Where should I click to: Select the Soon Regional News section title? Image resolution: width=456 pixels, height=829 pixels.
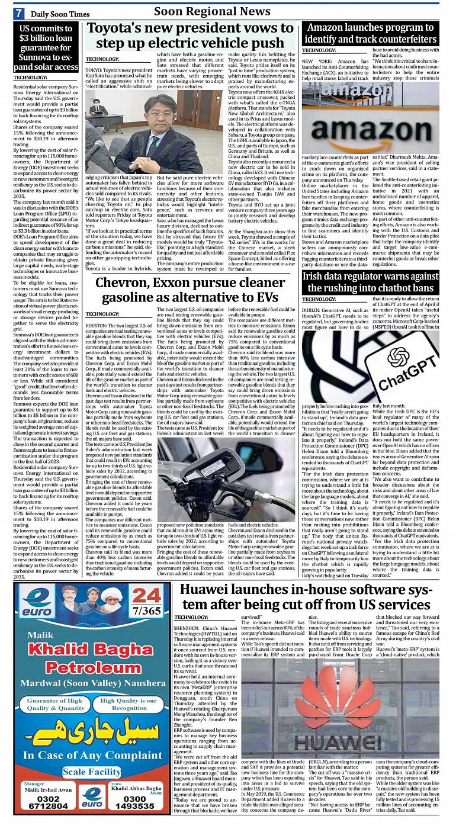tap(212, 11)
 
